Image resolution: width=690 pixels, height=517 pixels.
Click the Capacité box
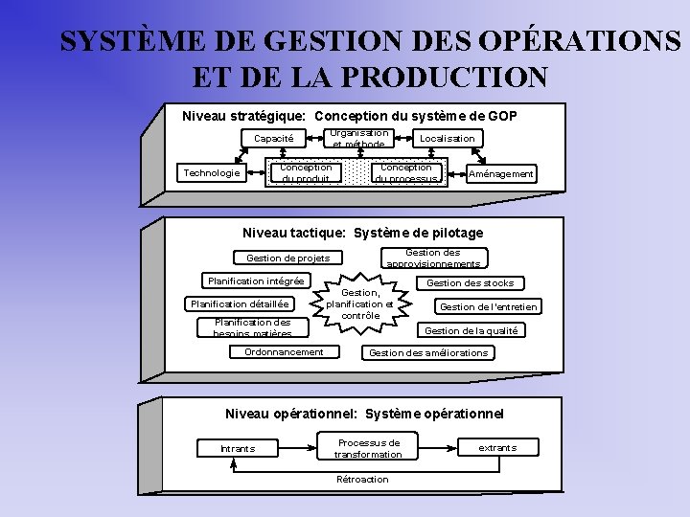tap(273, 139)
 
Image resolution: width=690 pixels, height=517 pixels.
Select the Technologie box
tap(212, 173)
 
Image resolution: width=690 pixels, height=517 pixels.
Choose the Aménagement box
tap(499, 174)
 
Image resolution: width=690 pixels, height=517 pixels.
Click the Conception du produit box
tap(306, 173)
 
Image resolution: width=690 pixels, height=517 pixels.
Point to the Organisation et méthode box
tap(359, 139)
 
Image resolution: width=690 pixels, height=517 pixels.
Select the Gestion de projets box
tap(287, 258)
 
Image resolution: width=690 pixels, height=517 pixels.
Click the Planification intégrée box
tap(257, 281)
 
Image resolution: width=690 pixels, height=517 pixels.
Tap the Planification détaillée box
tap(240, 304)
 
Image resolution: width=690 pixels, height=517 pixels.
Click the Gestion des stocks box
tap(470, 283)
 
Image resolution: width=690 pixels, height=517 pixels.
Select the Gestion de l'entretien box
tap(488, 307)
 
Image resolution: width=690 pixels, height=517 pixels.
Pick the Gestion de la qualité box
tap(471, 331)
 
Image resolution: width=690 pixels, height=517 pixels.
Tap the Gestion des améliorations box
tap(428, 353)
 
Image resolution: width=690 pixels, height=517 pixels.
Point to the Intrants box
tap(238, 448)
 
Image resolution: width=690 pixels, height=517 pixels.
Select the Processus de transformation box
tap(368, 448)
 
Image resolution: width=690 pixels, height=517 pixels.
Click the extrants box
tap(497, 448)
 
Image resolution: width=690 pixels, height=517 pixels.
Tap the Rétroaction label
tap(362, 480)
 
